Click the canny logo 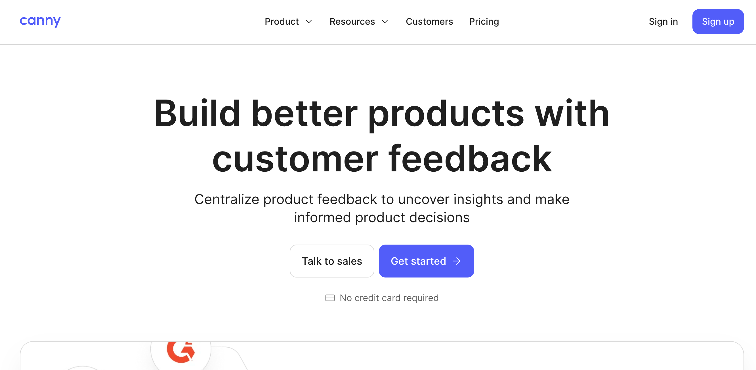tap(40, 21)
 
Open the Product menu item tap(282, 21)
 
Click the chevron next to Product tap(309, 21)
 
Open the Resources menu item tap(352, 21)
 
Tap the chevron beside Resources tap(385, 21)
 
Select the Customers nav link tap(429, 21)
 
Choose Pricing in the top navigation tap(484, 21)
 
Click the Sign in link tap(663, 21)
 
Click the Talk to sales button tap(332, 261)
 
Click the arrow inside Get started tap(457, 261)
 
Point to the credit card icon tap(330, 298)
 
